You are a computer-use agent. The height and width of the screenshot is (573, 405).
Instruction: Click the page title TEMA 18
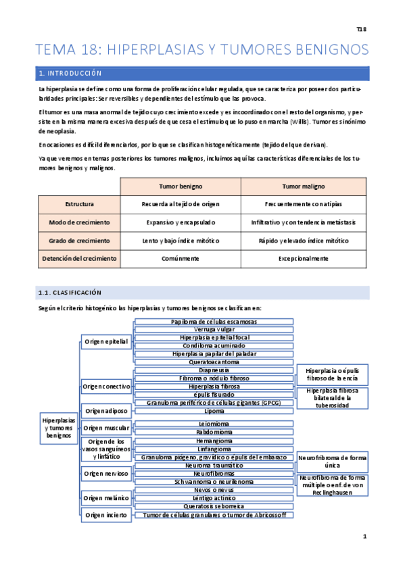202,49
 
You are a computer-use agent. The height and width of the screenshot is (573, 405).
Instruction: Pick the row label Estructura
79,203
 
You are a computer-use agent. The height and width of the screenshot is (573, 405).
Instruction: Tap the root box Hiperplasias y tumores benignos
59,428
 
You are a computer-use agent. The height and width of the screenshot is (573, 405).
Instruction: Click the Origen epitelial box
106,342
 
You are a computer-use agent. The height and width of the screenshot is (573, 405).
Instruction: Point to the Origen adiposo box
106,410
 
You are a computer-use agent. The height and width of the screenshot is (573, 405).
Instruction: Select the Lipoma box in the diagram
214,410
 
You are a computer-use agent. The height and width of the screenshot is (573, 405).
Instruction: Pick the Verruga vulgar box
214,329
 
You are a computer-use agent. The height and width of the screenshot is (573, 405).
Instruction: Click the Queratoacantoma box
214,362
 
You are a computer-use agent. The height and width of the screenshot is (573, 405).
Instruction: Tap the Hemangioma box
214,441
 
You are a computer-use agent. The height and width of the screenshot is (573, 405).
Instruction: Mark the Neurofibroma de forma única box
332,462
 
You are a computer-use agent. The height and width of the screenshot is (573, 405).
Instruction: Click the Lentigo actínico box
214,497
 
